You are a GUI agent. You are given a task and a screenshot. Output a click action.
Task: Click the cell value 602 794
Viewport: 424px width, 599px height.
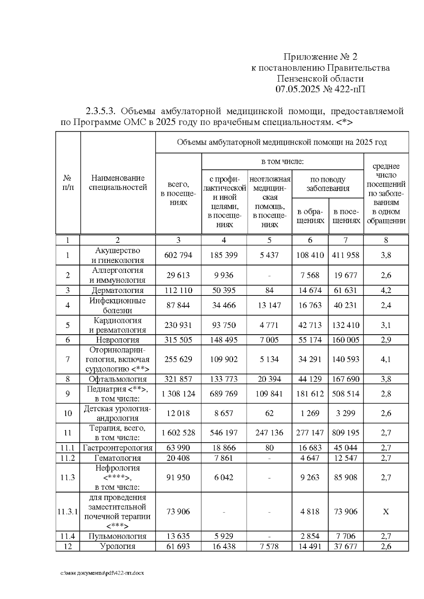click(178, 255)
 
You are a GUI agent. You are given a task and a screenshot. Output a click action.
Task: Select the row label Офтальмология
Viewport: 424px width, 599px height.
click(118, 379)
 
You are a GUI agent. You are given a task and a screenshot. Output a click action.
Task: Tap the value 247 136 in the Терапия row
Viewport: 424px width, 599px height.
click(269, 433)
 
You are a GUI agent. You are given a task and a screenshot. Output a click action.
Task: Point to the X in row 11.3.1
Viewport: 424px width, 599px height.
click(386, 511)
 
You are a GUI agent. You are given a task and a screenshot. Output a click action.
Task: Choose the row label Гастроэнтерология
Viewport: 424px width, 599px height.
click(118, 448)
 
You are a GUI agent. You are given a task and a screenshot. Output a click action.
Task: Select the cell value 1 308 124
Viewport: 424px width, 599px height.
click(178, 394)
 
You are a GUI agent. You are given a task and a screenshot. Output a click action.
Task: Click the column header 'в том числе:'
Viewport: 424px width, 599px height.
click(282, 162)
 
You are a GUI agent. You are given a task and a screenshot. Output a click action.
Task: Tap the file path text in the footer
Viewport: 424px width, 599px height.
click(102, 573)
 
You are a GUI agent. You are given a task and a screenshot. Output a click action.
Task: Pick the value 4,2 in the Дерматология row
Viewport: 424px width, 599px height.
click(386, 290)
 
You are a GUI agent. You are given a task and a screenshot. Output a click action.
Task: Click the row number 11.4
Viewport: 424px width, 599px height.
click(67, 536)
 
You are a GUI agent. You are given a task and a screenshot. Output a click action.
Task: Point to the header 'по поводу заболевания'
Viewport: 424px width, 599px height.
click(328, 184)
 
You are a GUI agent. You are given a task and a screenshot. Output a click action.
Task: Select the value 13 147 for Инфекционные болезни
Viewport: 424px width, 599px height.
click(269, 305)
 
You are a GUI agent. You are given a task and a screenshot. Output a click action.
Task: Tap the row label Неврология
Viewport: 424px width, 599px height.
click(118, 340)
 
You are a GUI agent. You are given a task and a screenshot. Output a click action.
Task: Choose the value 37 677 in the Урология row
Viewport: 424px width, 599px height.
click(346, 546)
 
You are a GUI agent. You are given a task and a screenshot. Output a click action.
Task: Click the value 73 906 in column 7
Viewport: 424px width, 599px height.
click(346, 511)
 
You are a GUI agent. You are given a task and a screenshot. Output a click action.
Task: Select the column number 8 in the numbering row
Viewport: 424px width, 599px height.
click(386, 240)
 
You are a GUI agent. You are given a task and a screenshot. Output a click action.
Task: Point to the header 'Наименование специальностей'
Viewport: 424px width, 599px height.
click(118, 183)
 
